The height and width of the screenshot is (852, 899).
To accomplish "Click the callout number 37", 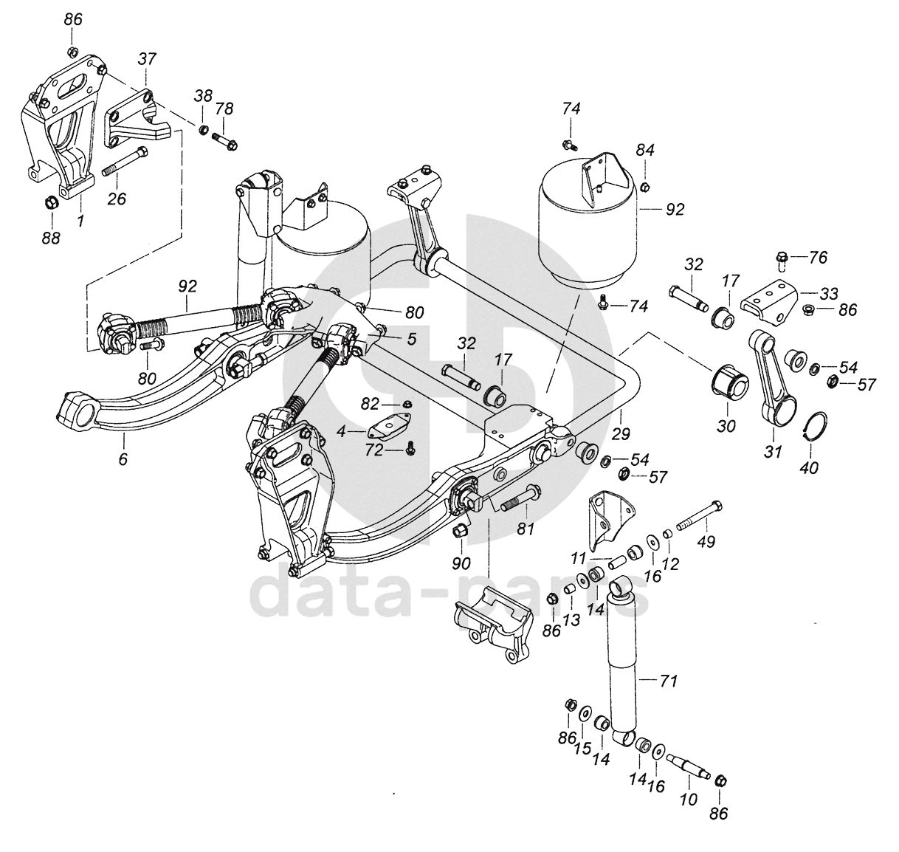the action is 147,60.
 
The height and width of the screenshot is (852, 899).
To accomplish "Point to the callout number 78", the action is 224,109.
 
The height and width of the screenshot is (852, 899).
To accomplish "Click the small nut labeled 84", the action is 644,187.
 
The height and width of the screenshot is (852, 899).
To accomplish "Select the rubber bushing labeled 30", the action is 729,385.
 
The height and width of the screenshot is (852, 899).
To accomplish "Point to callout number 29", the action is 621,433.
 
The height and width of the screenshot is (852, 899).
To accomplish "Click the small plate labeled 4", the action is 390,427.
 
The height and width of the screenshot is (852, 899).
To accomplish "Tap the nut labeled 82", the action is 407,404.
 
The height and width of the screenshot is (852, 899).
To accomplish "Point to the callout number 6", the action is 123,458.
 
